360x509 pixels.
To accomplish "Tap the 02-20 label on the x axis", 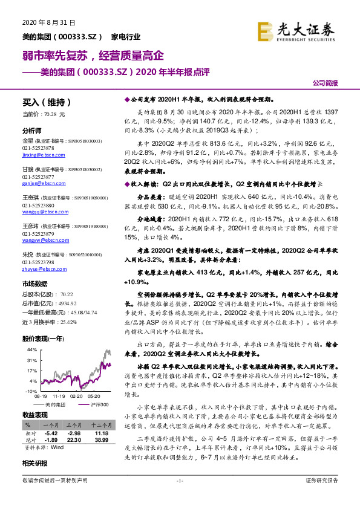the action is pos(77,396).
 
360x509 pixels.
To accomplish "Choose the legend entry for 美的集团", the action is pos(55,404).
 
